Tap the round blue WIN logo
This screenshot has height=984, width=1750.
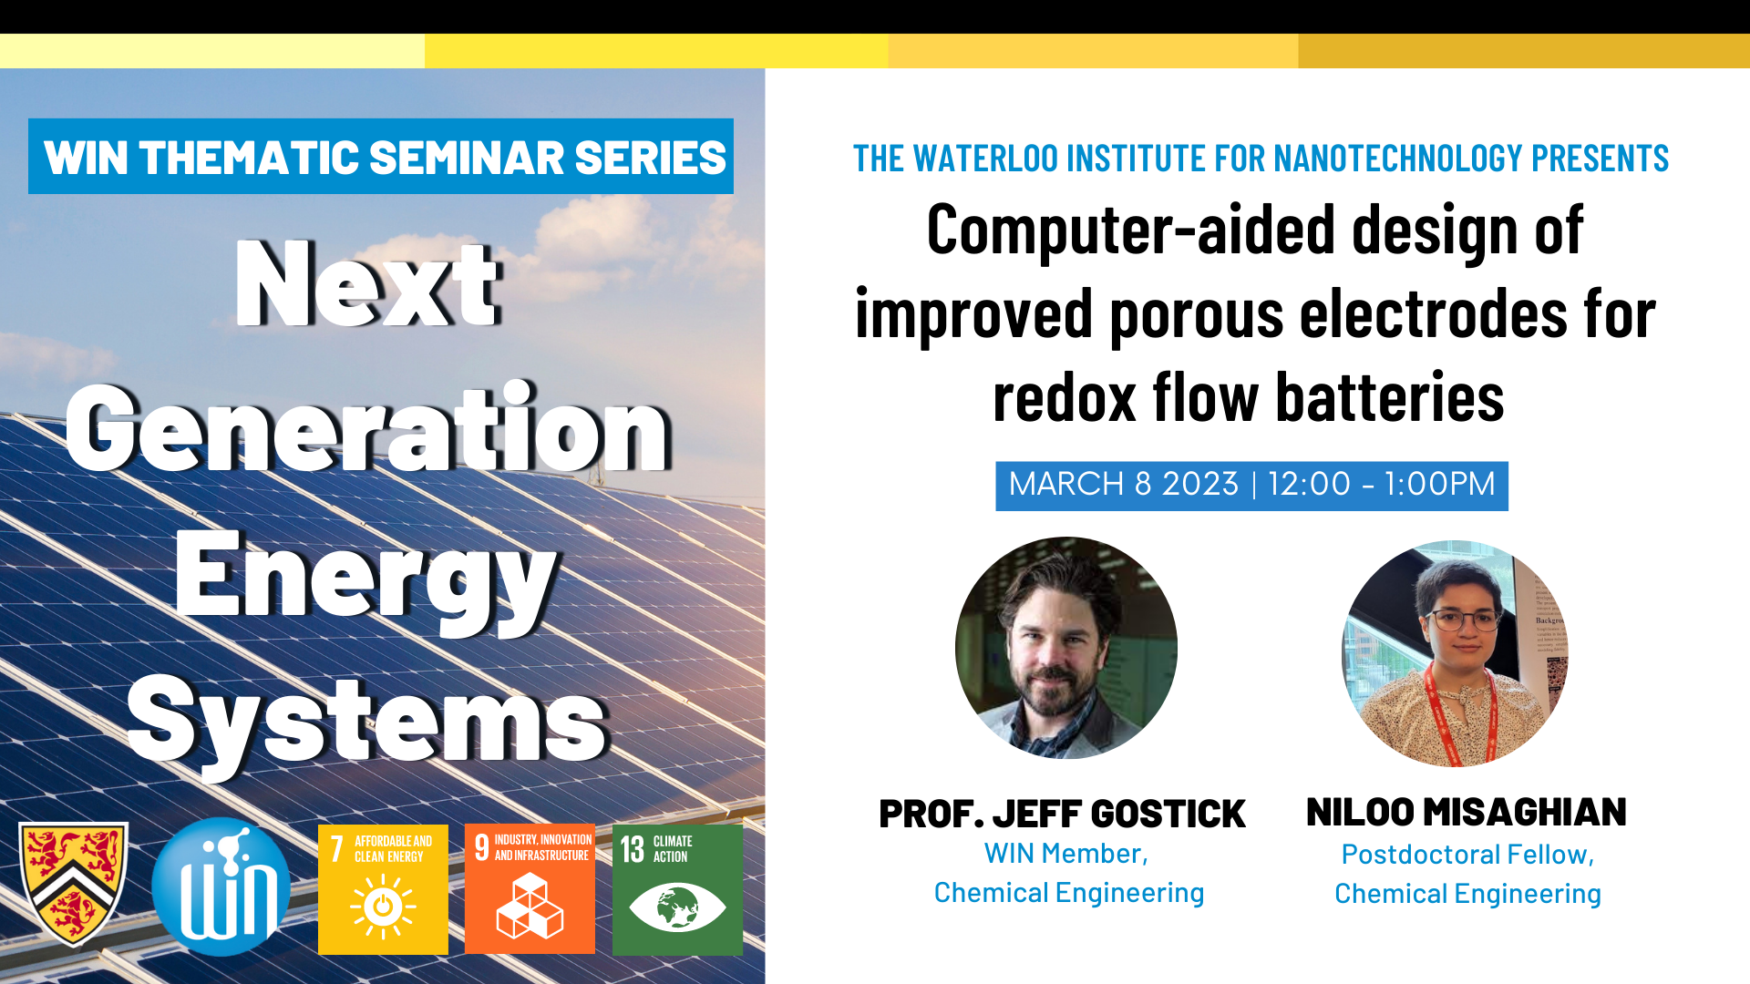pos(221,887)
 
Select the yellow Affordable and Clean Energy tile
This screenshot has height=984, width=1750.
pos(383,889)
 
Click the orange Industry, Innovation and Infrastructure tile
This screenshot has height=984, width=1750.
pos(530,889)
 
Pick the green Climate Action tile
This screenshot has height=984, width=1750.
pos(677,889)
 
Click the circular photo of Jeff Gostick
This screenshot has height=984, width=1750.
pos(1066,648)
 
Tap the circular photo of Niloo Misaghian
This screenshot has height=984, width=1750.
pos(1456,653)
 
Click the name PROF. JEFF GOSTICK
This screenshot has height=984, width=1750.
pos(1062,814)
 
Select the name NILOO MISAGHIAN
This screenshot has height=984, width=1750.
pos(1467,812)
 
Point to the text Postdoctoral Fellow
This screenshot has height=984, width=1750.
pos(1465,855)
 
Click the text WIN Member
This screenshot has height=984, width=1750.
pos(1062,854)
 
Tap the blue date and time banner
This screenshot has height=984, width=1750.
pos(1251,486)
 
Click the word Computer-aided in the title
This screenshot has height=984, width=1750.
pos(1132,231)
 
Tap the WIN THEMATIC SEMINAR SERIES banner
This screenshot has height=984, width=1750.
pos(381,156)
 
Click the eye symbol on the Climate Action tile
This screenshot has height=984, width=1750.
pos(677,907)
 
